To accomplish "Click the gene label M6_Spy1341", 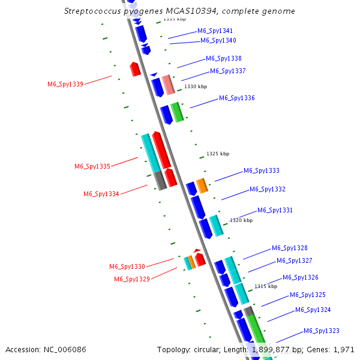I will pyautogui.click(x=215, y=31).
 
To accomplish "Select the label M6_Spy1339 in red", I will pyautogui.click(x=65, y=84).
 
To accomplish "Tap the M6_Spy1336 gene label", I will pyautogui.click(x=236, y=98).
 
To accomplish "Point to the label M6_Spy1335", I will pyautogui.click(x=92, y=166).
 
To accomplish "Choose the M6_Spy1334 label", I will pyautogui.click(x=101, y=194).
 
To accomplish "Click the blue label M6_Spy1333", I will pyautogui.click(x=261, y=171).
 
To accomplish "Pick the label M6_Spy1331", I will pyautogui.click(x=275, y=210).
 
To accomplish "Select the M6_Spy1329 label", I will pyautogui.click(x=132, y=279).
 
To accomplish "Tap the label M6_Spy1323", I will pyautogui.click(x=321, y=331).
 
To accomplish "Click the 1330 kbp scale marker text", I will pyautogui.click(x=196, y=86).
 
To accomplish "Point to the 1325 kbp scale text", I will pyautogui.click(x=218, y=154).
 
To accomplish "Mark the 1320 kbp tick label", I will pyautogui.click(x=241, y=220).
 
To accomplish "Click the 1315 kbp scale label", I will pyautogui.click(x=266, y=286).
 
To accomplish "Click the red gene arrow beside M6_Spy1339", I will pyautogui.click(x=136, y=69).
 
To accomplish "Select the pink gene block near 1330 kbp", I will pyautogui.click(x=169, y=85).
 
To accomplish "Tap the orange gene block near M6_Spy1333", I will pyautogui.click(x=202, y=186).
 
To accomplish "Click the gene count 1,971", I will pyautogui.click(x=344, y=349).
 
